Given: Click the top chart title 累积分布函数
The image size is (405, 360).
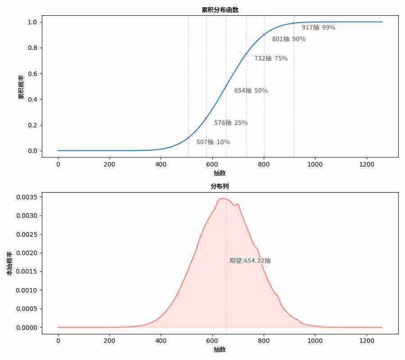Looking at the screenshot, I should click(x=220, y=10).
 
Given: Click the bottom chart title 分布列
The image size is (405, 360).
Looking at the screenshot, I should click(x=220, y=186).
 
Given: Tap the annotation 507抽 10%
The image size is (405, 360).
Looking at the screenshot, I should click(x=213, y=142).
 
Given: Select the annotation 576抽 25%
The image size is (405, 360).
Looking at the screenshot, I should click(x=230, y=123).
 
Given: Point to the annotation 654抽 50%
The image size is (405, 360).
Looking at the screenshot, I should click(x=251, y=90).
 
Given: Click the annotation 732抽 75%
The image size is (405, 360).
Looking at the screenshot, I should click(x=270, y=58).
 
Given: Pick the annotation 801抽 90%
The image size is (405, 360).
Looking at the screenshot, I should click(x=288, y=39).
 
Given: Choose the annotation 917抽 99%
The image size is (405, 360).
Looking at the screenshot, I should click(x=318, y=27).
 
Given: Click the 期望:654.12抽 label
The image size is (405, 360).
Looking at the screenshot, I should click(x=250, y=261).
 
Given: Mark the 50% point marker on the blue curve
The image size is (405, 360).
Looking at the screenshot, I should click(x=226, y=86).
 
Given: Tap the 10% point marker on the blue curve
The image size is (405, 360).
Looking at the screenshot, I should click(x=188, y=138).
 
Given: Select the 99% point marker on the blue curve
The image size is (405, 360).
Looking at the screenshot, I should click(x=294, y=23).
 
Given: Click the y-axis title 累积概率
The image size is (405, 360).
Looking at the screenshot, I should click(x=21, y=87).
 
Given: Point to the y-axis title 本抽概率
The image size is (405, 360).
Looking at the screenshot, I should click(x=9, y=263).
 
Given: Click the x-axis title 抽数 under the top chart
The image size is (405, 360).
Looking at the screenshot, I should click(x=220, y=173).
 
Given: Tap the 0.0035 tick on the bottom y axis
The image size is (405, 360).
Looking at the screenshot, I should click(x=27, y=197).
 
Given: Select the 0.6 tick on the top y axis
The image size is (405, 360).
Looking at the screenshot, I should click(x=32, y=73).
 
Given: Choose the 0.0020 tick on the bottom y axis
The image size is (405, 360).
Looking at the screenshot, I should click(x=27, y=253).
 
